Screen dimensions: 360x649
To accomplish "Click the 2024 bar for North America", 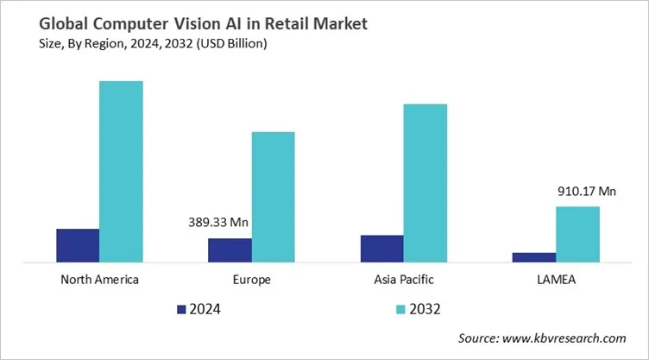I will (78, 245).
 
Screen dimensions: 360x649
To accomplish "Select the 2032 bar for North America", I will (121, 171).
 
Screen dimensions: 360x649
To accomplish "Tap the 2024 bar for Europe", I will (230, 249).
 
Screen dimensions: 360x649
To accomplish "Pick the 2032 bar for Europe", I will (273, 197).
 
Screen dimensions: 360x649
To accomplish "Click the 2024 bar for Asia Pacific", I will (381, 248).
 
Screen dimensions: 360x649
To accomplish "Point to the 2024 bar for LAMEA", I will (534, 256).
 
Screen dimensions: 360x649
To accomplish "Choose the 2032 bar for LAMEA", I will (577, 234).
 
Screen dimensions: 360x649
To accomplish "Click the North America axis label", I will (100, 280).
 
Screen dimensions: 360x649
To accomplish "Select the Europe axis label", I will (252, 280).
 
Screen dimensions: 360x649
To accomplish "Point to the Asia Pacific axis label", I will (404, 280).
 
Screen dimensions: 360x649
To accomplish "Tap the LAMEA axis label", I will (556, 280).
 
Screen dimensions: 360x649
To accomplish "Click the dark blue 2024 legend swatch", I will (181, 308).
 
